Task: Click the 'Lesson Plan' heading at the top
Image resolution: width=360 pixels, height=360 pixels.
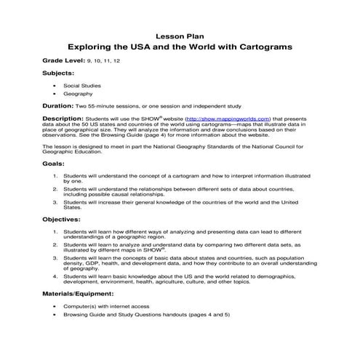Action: pos(180,34)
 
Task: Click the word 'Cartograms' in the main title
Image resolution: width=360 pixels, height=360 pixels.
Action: pos(260,46)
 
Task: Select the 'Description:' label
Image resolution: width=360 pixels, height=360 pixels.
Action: pos(64,117)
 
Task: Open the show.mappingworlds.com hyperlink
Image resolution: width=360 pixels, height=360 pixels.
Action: pos(228,117)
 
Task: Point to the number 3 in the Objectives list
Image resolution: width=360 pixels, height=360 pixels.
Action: pos(55,257)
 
